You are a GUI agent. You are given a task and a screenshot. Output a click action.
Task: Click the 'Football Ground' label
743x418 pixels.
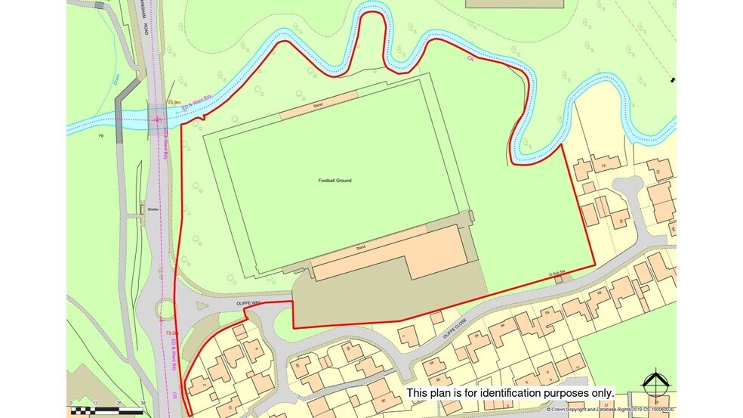tap(335, 181)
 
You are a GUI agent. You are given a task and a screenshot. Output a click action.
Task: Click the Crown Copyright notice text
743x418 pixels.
tap(611, 409)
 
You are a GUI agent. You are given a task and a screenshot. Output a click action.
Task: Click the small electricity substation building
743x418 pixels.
tap(558, 280)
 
